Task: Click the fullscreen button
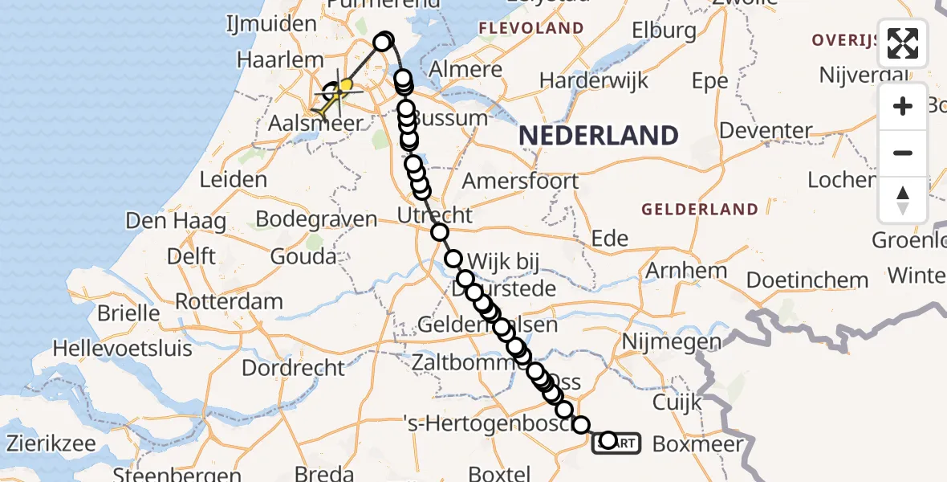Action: [903, 43]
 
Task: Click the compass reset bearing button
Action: [903, 200]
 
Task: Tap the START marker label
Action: [616, 443]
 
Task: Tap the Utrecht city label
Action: [435, 215]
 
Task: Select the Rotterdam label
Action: [229, 303]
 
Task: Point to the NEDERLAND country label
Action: [598, 136]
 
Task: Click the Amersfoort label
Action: [520, 180]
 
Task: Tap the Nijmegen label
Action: [660, 342]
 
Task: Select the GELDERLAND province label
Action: [699, 210]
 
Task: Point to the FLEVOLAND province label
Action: [530, 29]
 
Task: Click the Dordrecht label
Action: [293, 369]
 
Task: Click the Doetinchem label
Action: [807, 280]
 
